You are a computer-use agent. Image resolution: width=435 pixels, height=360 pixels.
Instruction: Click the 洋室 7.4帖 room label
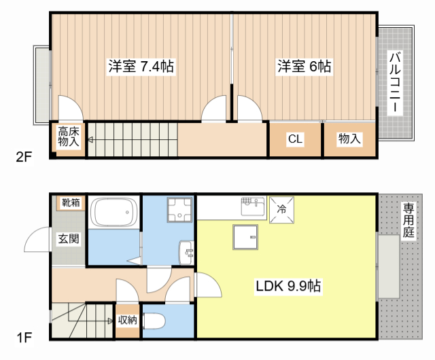coord(140,67)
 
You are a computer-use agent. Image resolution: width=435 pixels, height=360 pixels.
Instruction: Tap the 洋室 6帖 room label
coord(304,67)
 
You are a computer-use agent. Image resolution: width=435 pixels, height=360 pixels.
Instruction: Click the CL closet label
coord(294,139)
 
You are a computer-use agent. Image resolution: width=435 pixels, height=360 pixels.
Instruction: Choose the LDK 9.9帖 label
coord(288,287)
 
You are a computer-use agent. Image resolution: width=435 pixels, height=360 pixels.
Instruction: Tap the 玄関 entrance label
coord(68,238)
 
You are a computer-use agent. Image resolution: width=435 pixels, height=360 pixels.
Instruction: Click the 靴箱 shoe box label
coord(71,202)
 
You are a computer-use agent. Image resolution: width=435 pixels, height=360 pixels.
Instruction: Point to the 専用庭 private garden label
coord(408,220)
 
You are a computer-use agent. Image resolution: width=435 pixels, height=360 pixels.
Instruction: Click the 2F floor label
coord(24,158)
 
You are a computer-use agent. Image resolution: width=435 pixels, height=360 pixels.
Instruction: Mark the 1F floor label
coord(24,336)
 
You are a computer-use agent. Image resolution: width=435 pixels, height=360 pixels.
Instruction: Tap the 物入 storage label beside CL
coord(349,139)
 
